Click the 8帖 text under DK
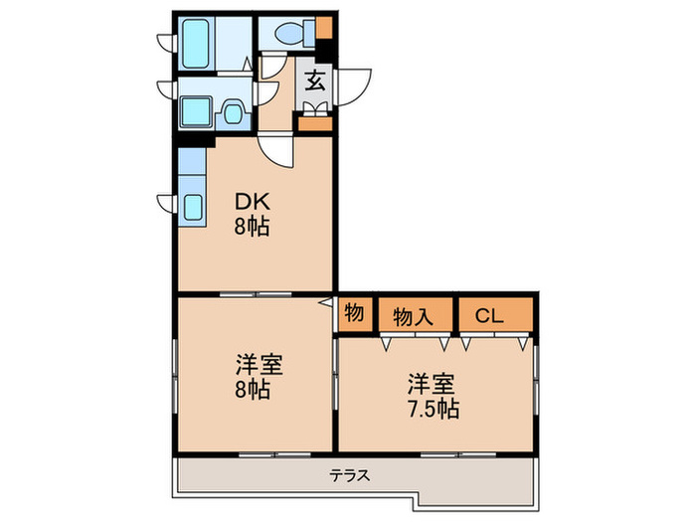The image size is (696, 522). (x=252, y=225)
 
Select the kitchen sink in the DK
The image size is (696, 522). (x=192, y=207)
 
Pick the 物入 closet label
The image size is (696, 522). (x=413, y=317)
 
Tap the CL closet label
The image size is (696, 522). (x=488, y=317)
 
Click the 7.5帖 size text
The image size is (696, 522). (x=432, y=408)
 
